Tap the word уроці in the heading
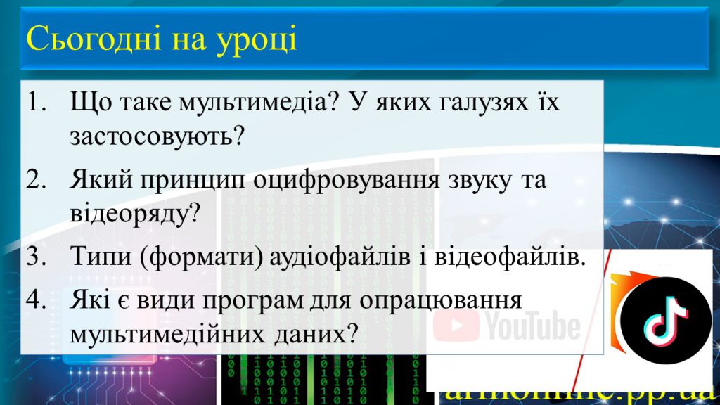point(260,41)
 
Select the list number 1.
point(35,103)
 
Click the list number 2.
point(35,179)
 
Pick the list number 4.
point(35,300)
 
